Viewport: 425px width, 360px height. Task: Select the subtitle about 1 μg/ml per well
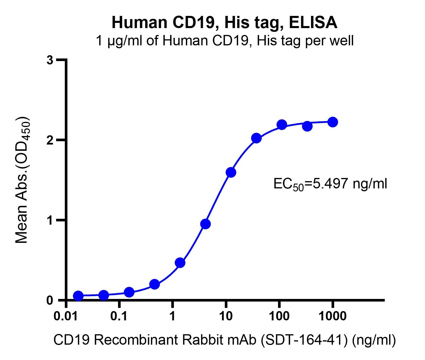pos(224,41)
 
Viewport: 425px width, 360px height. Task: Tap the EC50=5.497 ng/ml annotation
pos(330,184)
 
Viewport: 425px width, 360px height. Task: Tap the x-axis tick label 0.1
pos(119,316)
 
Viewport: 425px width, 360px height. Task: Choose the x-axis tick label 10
pos(226,316)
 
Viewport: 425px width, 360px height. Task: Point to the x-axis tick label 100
pos(279,316)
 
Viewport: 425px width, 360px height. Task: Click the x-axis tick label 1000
pos(332,316)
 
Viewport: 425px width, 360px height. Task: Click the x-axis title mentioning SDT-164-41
pos(224,340)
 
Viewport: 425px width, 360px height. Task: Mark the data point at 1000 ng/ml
pos(333,122)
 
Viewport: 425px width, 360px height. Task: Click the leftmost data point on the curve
pos(78,296)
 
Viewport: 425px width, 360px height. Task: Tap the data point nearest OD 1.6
pos(231,172)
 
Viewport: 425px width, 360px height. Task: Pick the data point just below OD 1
pos(205,224)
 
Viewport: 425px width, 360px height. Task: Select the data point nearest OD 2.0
pos(256,138)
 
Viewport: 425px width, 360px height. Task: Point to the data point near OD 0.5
pos(180,263)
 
